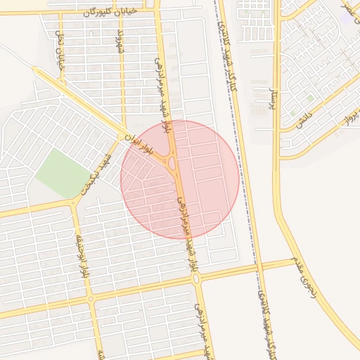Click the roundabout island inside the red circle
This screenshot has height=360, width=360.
[x=172, y=162]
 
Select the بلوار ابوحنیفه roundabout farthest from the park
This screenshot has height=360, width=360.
[x=91, y=300]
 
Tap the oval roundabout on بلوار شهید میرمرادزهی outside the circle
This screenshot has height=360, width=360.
[x=197, y=279]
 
